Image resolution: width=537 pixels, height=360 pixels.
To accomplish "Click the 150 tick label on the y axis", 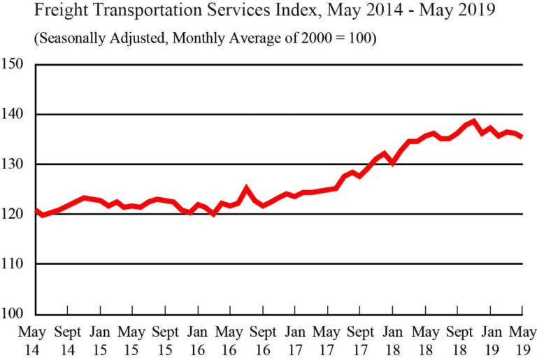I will click(15, 64).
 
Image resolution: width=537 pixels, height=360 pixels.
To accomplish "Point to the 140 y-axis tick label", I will click(15, 114).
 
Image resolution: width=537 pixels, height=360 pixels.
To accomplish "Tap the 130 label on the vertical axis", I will click(15, 164).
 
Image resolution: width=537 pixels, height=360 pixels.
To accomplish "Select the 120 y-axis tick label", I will click(15, 214).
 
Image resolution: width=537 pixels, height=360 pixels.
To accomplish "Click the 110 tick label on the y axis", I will click(15, 264).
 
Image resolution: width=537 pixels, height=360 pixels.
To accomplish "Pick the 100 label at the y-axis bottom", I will click(15, 314).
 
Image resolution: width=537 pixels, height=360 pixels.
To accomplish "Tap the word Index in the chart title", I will click(301, 12).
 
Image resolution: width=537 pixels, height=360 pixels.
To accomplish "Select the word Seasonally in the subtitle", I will click(73, 38).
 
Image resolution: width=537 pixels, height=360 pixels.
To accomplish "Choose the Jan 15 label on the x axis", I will click(100, 338).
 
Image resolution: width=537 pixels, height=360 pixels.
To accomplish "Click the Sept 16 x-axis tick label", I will click(263, 338).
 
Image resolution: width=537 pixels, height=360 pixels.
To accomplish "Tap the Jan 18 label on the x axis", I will click(394, 338).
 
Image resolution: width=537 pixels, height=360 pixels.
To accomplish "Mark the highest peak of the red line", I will click(474, 122).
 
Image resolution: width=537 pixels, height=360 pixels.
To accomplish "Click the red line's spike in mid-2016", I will click(246, 187).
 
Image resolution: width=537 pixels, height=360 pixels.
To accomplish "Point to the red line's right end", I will click(522, 137).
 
